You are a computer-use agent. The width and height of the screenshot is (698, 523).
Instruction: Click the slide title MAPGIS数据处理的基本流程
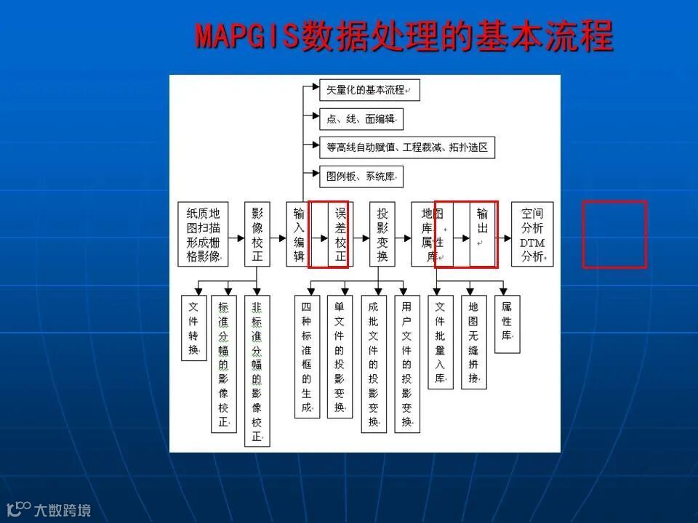click(404, 36)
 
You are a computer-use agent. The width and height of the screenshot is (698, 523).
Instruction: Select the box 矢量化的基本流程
click(369, 91)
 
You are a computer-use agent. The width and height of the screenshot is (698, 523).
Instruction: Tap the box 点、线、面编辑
click(361, 118)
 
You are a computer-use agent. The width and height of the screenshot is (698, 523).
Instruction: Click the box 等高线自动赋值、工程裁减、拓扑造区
click(406, 147)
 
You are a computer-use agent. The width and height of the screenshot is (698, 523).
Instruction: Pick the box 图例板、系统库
click(361, 175)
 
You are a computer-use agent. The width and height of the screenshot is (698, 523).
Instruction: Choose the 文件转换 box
click(193, 328)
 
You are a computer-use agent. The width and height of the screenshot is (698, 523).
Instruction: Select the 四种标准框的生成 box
click(306, 356)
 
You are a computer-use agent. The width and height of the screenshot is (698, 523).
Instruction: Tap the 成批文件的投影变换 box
click(373, 364)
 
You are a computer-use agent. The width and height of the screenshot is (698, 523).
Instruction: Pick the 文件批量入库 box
click(440, 342)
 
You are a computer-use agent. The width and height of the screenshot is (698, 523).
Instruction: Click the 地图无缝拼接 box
click(473, 342)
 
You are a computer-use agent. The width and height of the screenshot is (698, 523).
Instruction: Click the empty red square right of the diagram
click(614, 235)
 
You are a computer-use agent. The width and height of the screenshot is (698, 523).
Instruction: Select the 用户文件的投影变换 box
click(406, 364)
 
